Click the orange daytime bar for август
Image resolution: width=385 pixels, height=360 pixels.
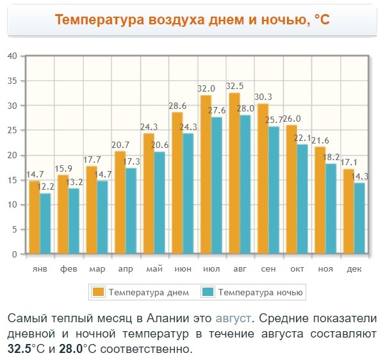coord(234,173)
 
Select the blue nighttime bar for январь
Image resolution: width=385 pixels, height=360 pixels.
coord(45,224)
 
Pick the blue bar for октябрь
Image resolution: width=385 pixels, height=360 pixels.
coord(302,199)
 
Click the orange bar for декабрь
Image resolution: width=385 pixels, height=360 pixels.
coord(348,211)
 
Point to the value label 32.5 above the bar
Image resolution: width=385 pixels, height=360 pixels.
coord(234,86)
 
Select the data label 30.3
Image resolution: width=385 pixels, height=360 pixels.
coord(263,97)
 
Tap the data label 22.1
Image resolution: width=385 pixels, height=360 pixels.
coord(302,138)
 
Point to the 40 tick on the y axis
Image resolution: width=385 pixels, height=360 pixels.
coord(12,56)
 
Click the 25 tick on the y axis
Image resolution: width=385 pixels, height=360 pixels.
coord(12,130)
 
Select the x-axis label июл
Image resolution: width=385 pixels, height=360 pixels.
coord(211,268)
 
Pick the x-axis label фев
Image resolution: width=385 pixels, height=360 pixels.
coord(69,268)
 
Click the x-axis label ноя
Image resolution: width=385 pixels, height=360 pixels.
coord(325,268)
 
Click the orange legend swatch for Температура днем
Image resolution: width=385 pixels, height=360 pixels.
coord(99,292)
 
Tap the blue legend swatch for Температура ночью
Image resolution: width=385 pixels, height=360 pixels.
coord(208,292)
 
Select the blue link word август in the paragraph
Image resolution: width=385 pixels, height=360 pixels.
coord(233,318)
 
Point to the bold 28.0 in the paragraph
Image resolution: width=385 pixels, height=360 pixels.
coord(72,350)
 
